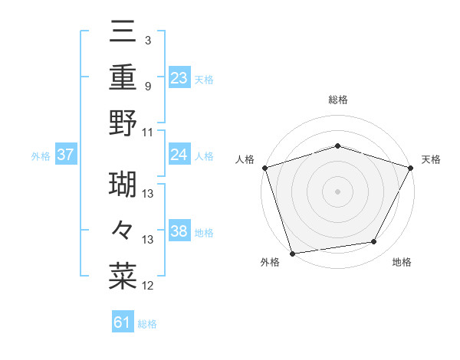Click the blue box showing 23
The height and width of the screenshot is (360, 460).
pyautogui.click(x=179, y=77)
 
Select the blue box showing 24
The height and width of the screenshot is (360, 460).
pyautogui.click(x=179, y=155)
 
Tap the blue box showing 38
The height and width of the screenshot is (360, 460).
pyautogui.click(x=179, y=231)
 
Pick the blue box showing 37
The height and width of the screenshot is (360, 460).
pyautogui.click(x=65, y=155)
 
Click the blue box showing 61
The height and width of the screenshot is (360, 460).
pyautogui.click(x=123, y=322)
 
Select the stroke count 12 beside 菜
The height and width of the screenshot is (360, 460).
pyautogui.click(x=148, y=286)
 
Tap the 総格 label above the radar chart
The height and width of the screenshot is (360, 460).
pyautogui.click(x=337, y=100)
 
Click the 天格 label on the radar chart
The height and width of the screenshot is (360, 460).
pyautogui.click(x=432, y=159)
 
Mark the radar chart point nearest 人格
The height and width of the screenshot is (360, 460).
pyautogui.click(x=264, y=167)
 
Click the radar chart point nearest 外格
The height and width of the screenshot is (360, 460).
pyautogui.click(x=292, y=253)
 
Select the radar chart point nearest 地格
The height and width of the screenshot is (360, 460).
pyautogui.click(x=374, y=242)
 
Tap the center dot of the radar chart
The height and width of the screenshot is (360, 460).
pyautogui.click(x=337, y=191)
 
